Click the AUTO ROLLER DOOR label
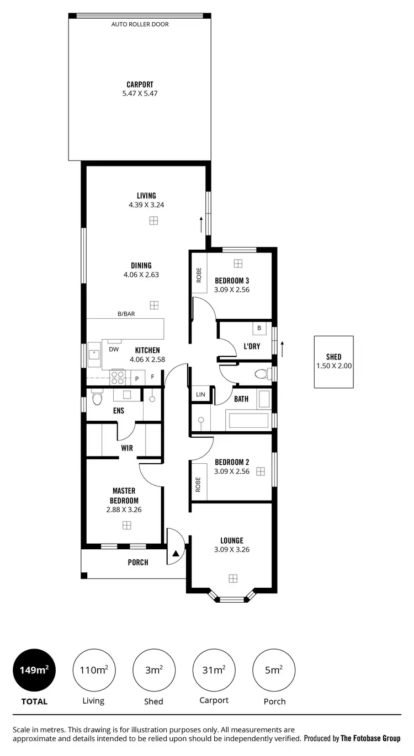[140, 24]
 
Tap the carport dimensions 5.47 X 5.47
[140, 94]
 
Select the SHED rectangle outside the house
[333, 362]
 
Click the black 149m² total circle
[34, 670]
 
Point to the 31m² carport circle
[214, 670]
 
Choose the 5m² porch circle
[274, 670]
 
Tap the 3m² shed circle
[153, 670]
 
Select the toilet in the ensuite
[97, 398]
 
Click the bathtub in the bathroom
[248, 421]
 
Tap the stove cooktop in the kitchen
[118, 377]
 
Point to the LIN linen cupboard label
[200, 395]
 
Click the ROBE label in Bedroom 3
[199, 275]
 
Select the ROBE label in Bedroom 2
[199, 484]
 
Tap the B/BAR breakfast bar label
[126, 314]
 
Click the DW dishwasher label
[114, 349]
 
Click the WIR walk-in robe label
[127, 448]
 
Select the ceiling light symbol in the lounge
[233, 578]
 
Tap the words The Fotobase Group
[370, 738]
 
